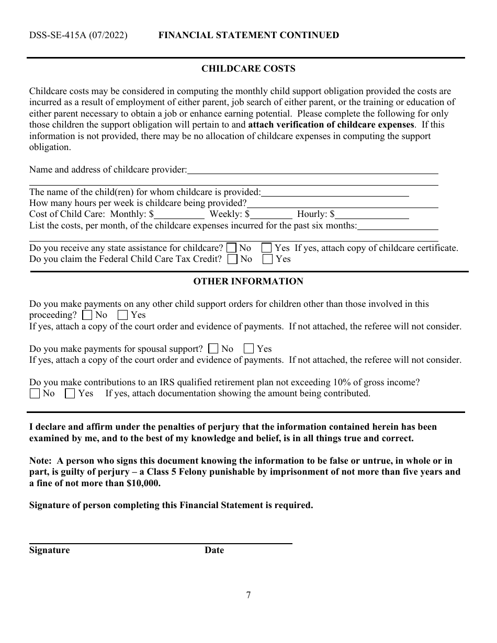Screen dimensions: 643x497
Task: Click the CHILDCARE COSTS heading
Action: pyautogui.click(x=249, y=68)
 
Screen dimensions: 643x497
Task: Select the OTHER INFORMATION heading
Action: pyautogui.click(x=248, y=281)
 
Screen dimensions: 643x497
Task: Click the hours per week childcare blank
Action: pyautogui.click(x=342, y=203)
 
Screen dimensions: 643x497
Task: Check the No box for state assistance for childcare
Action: pyautogui.click(x=232, y=248)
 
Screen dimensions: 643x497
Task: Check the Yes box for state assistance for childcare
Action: pyautogui.click(x=267, y=248)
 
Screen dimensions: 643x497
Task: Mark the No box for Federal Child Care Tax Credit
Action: pyautogui.click(x=233, y=259)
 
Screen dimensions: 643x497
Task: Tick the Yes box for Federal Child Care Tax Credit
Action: pyautogui.click(x=267, y=259)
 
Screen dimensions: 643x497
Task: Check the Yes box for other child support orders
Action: pyautogui.click(x=123, y=315)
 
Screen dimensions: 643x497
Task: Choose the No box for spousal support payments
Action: pyautogui.click(x=213, y=349)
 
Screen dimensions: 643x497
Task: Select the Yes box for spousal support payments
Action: pyautogui.click(x=249, y=349)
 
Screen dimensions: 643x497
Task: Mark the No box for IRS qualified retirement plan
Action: pyautogui.click(x=35, y=394)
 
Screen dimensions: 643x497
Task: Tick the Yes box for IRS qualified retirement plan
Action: pyautogui.click(x=70, y=394)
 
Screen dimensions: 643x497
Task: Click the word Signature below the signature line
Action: pyautogui.click(x=49, y=550)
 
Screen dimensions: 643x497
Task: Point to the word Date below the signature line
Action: pyautogui.click(x=214, y=550)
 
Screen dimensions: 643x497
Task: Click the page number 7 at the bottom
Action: pyautogui.click(x=249, y=595)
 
